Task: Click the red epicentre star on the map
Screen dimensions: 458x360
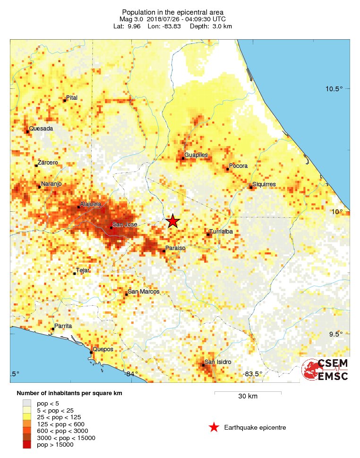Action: pos(173,221)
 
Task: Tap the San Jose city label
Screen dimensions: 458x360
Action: pos(125,224)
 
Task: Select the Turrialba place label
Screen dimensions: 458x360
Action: pos(222,231)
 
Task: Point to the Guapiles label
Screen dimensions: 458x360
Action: pos(196,155)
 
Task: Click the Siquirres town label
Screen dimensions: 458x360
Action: pos(264,184)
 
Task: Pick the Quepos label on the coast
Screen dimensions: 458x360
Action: pos(103,349)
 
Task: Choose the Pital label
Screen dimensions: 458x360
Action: pos(72,97)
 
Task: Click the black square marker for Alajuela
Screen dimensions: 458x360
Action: pos(78,207)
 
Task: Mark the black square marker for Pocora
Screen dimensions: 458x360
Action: pos(227,169)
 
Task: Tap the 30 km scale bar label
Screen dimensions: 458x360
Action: pos(248,396)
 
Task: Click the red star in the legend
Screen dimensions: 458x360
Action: pos(214,427)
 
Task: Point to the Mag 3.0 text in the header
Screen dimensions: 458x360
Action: pos(132,19)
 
